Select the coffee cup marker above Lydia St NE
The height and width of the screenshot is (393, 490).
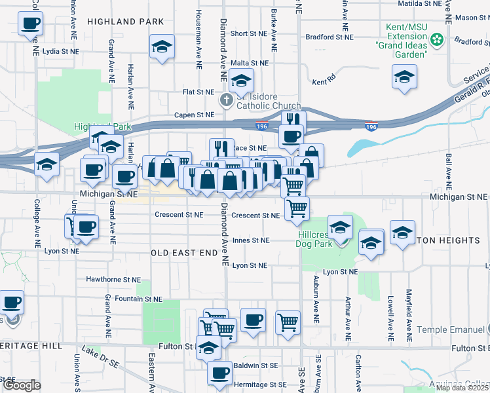click(31, 25)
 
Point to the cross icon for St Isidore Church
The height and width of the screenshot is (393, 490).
click(226, 101)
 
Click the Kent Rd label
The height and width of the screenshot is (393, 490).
click(324, 83)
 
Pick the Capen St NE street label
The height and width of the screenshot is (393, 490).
click(194, 115)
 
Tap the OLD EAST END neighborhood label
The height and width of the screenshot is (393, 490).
click(184, 252)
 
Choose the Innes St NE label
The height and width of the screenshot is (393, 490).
click(250, 240)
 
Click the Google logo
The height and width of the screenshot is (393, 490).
click(22, 386)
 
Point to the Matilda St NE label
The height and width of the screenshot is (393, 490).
click(419, 3)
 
